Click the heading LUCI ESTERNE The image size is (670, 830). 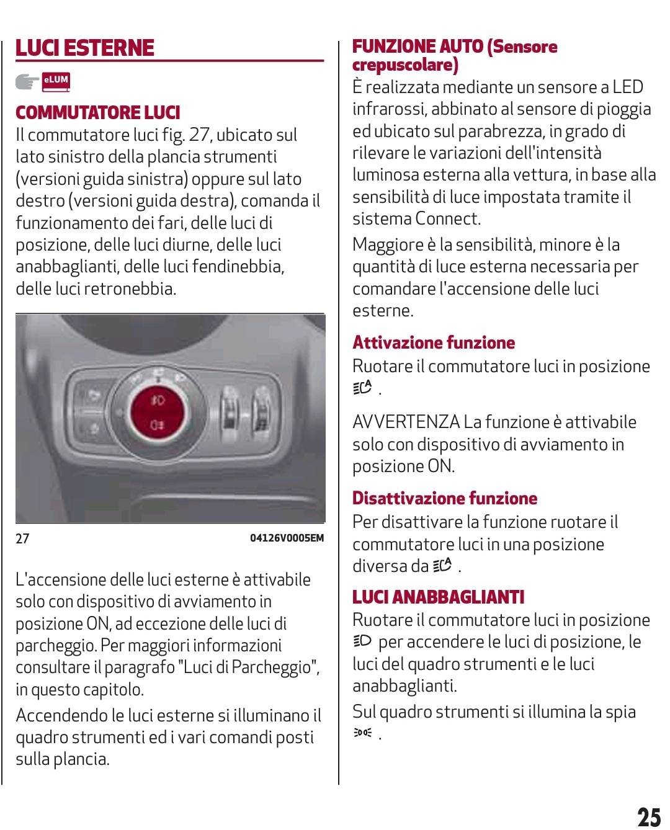pos(84,48)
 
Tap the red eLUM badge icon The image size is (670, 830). pos(56,81)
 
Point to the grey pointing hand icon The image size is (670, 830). pos(27,81)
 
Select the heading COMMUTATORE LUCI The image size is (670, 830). pos(97,112)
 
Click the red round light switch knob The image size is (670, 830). pos(158,411)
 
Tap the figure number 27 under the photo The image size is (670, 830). pos(22,538)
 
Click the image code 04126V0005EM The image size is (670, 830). pos(286,538)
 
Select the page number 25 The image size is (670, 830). pos(649,816)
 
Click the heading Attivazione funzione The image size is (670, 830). pos(433,342)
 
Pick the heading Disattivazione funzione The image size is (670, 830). pos(444,498)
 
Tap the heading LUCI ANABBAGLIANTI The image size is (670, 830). pos(438,597)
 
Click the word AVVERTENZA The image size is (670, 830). pos(406,422)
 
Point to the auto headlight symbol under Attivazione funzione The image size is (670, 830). pos(362,388)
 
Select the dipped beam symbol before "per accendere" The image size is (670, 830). pos(362,641)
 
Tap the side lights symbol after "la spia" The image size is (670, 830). pos(362,734)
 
